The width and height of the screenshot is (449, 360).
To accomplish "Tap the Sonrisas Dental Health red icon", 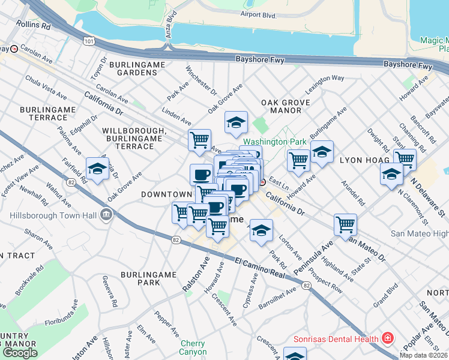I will click(388, 338).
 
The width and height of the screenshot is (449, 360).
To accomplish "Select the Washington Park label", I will click(275, 142).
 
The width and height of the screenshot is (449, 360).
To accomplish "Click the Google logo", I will click(20, 353).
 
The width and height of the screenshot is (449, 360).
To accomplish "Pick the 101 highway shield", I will click(89, 41).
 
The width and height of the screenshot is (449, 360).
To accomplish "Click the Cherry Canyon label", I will click(193, 347).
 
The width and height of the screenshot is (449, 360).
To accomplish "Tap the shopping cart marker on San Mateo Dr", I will click(346, 224).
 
